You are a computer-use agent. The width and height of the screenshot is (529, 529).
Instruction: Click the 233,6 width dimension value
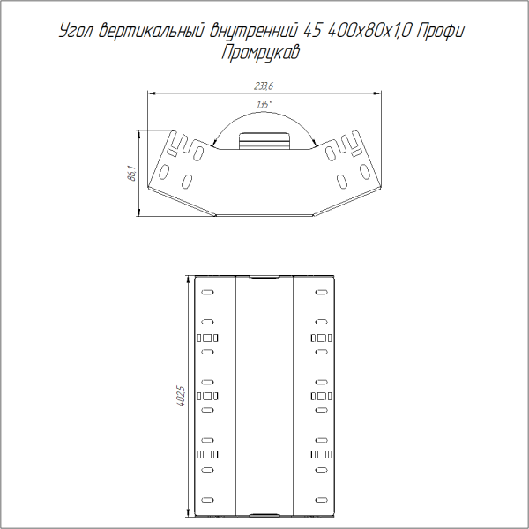[264, 86]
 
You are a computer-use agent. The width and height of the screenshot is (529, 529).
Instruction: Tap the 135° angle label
[264, 105]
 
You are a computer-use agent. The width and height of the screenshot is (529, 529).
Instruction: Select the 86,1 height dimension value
[131, 173]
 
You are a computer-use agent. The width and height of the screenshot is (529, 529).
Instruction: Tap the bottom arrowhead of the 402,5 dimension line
[187, 514]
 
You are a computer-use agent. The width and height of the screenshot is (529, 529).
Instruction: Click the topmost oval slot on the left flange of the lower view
[206, 293]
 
